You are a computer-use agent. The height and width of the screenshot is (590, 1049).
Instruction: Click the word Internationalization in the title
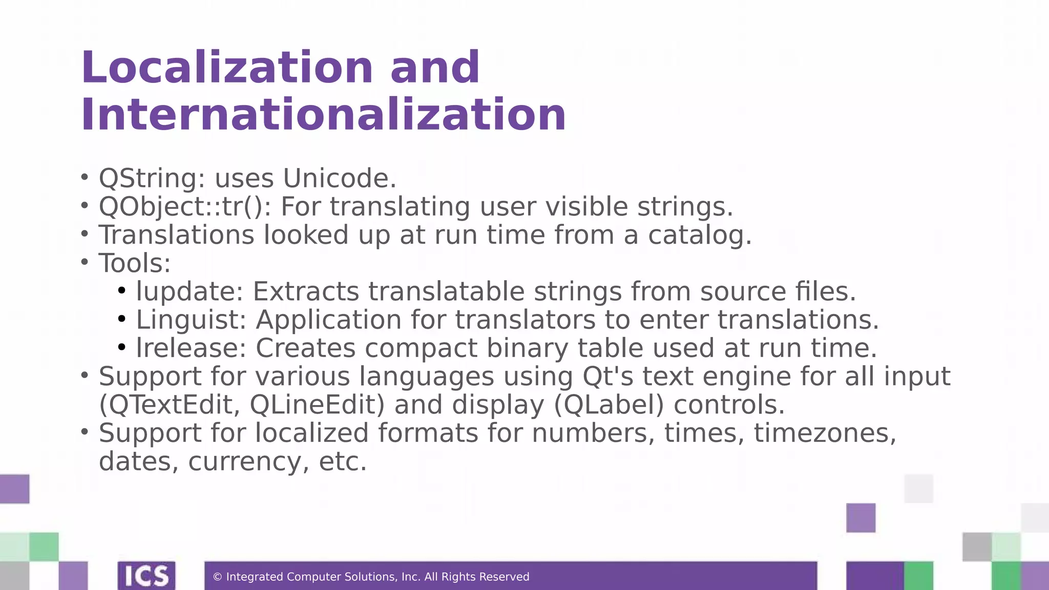pyautogui.click(x=323, y=115)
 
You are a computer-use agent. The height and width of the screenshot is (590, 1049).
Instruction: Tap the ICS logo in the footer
pyautogui.click(x=146, y=576)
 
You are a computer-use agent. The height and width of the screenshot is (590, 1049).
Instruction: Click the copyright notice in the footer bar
pyautogui.click(x=371, y=577)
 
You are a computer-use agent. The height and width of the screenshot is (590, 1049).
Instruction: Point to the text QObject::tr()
pyautogui.click(x=184, y=207)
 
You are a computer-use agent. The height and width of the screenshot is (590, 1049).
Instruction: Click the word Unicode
pyautogui.click(x=339, y=179)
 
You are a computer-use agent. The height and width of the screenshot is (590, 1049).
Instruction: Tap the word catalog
pyautogui.click(x=699, y=236)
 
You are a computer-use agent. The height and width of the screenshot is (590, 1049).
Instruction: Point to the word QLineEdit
pyautogui.click(x=317, y=405)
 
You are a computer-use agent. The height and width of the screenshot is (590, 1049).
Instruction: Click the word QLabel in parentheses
pyautogui.click(x=609, y=405)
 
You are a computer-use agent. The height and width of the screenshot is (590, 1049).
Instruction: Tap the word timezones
pyautogui.click(x=825, y=433)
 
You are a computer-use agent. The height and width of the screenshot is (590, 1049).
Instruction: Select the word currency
pyautogui.click(x=248, y=461)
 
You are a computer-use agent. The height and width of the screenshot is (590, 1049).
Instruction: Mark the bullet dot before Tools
pyautogui.click(x=85, y=262)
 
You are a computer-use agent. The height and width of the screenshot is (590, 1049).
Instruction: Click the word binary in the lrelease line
pyautogui.click(x=527, y=348)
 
